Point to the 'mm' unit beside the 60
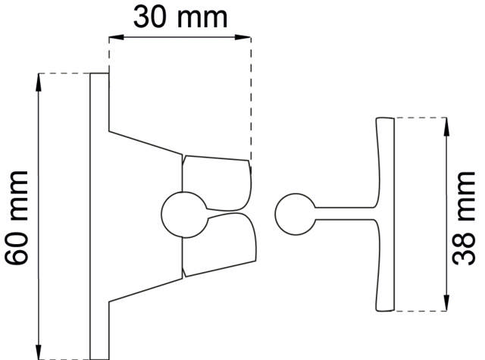[x=17, y=194]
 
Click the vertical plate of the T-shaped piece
[x=386, y=213]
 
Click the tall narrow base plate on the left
[x=99, y=216]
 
